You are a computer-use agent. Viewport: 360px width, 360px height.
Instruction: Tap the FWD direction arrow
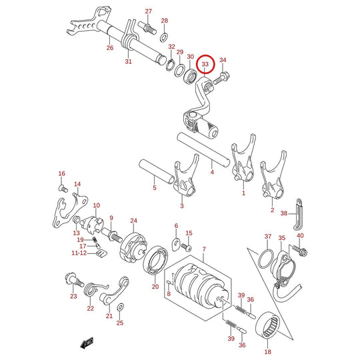tap(87, 343)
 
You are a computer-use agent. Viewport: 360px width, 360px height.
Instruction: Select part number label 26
tap(110, 48)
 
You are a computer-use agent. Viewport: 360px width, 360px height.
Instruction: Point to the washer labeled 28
tap(164, 38)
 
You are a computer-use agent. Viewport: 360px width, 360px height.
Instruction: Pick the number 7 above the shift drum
tap(204, 249)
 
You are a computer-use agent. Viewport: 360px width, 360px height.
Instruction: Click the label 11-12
tap(79, 253)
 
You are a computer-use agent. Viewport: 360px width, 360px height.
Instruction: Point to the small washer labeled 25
tap(120, 307)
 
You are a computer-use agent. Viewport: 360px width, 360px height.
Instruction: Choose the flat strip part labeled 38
tap(298, 215)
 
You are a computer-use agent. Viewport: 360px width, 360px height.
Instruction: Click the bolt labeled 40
tap(300, 251)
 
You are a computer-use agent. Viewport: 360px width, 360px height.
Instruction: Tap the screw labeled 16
tap(63, 189)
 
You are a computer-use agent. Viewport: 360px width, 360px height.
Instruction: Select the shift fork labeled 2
tap(273, 175)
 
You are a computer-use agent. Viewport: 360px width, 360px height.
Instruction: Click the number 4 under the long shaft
tap(212, 172)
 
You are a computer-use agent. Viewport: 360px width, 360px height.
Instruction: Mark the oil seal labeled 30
tap(190, 76)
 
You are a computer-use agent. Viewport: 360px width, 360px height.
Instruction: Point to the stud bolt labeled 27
tap(147, 28)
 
